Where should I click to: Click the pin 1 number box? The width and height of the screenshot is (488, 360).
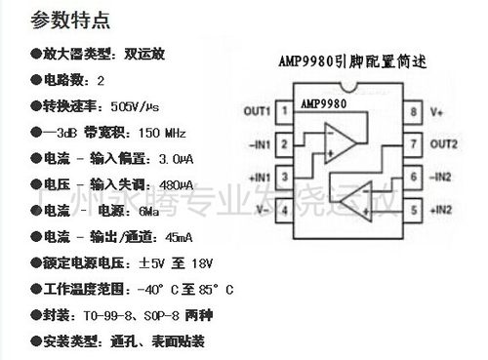point(284,111)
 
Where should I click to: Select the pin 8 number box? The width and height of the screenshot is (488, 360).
point(414,111)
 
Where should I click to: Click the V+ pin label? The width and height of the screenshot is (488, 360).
point(437,111)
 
